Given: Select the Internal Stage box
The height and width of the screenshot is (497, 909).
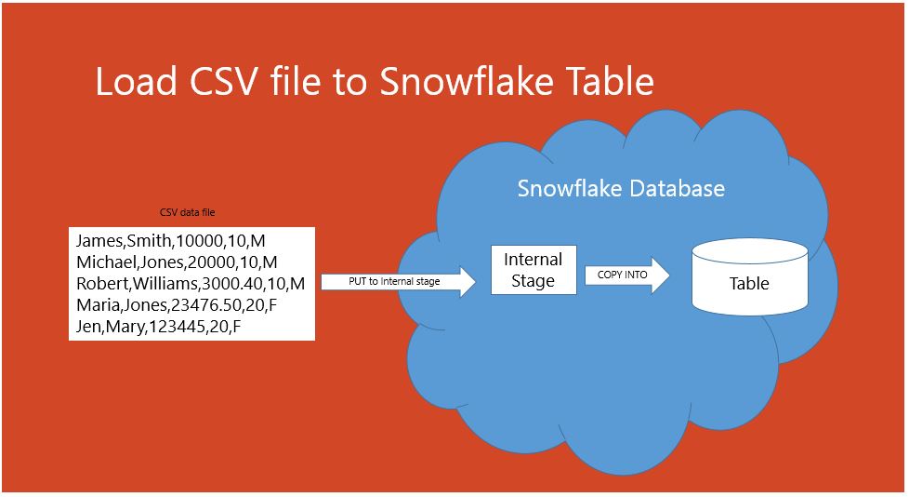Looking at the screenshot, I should pos(534,270).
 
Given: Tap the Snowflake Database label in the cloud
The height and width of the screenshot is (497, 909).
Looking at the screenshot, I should pos(621,189).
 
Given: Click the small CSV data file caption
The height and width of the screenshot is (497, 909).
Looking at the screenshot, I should pos(188,213).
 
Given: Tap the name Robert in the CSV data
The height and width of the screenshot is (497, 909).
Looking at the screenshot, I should pos(99,283).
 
